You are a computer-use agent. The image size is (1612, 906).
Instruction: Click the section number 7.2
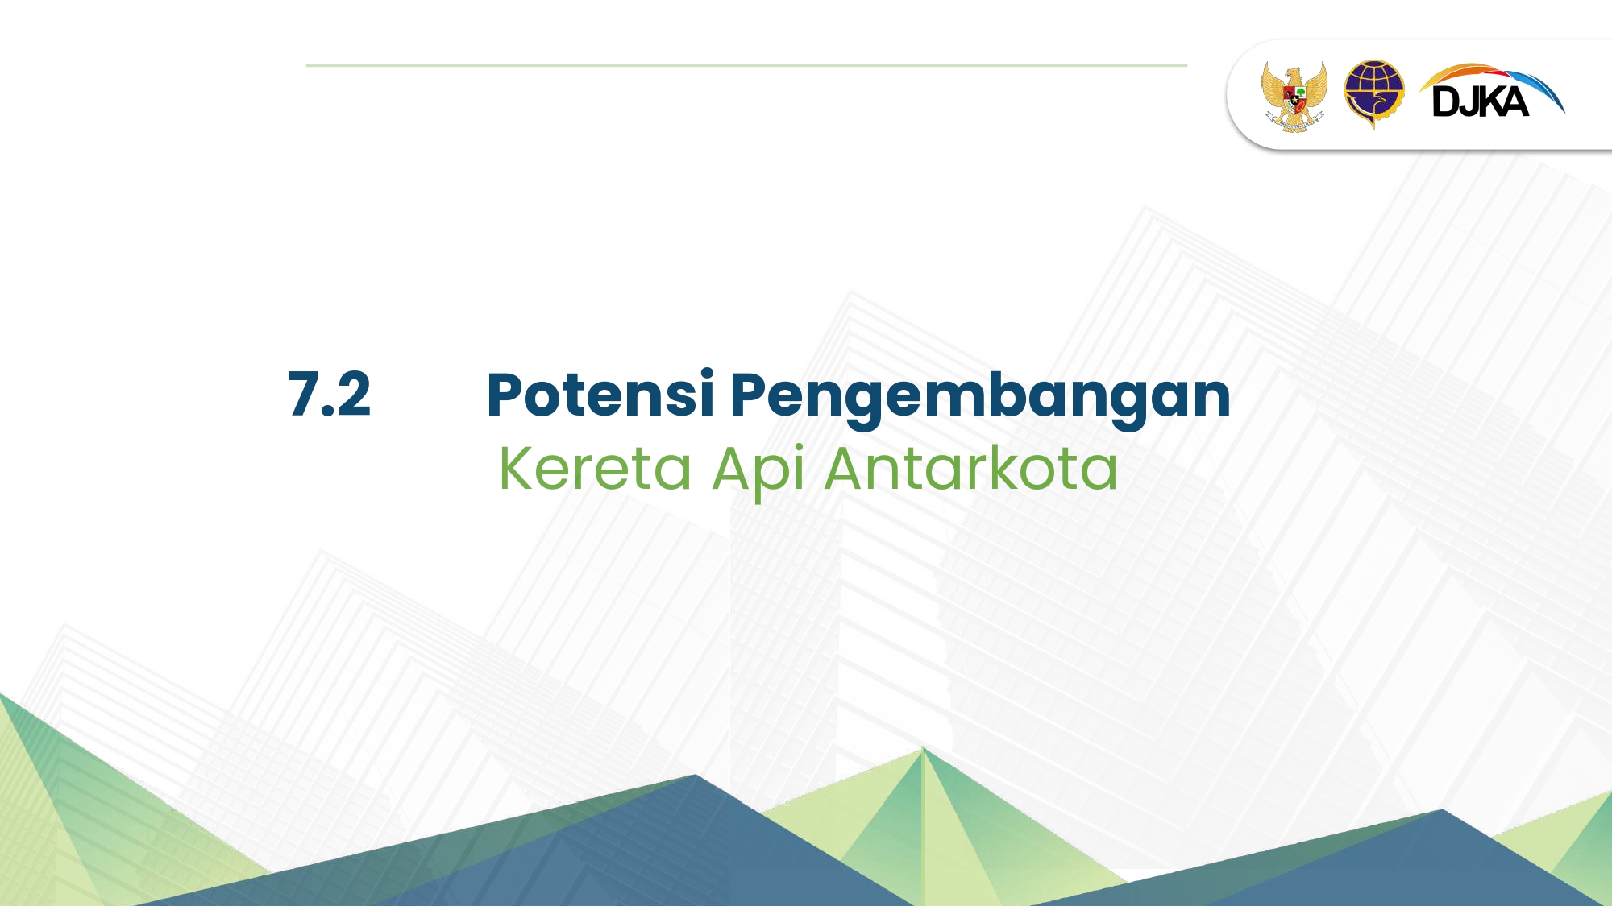tap(329, 395)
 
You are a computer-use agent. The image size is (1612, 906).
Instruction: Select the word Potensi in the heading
tap(600, 394)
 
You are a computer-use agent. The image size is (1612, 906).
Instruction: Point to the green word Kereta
tap(596, 468)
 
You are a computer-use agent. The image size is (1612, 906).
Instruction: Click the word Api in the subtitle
tap(758, 472)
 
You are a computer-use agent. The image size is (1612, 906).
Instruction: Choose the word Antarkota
tap(972, 468)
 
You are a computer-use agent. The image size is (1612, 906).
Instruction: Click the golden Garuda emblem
tap(1294, 96)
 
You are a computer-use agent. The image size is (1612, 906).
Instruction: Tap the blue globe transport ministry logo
tap(1373, 93)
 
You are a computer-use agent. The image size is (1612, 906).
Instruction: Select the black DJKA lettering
tap(1481, 102)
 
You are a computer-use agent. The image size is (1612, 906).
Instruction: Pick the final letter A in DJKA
tap(1513, 102)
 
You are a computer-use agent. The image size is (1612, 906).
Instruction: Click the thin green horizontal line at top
tap(746, 65)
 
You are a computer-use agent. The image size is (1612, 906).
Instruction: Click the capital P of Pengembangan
tap(748, 395)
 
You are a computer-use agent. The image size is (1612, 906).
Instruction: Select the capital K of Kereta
tap(517, 468)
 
